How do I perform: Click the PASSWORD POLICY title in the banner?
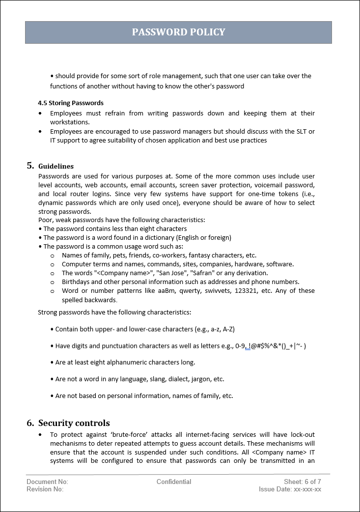coord(178,32)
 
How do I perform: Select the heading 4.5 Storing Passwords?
coord(71,103)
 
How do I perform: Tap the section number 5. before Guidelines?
coord(30,166)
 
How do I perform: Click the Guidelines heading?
coord(56,166)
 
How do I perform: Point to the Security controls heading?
coord(74,423)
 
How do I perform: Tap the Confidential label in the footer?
coord(174,482)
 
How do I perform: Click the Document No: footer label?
coord(47,482)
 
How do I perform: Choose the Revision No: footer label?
coord(45,489)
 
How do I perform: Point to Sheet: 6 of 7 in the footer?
coord(302,482)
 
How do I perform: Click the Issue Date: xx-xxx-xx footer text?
coord(290,489)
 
